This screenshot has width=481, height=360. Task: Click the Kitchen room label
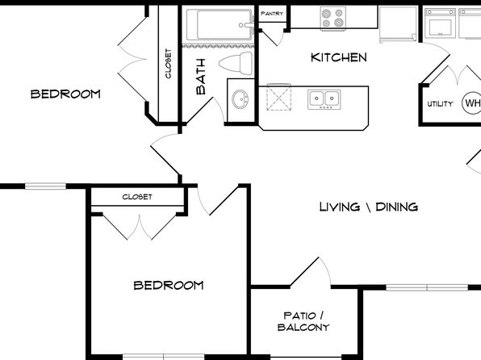click(339, 57)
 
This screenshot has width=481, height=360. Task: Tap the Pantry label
click(272, 14)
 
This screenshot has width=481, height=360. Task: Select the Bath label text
click(201, 77)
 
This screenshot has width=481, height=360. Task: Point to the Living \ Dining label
click(369, 207)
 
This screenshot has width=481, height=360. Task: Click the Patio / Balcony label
click(303, 321)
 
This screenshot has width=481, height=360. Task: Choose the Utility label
click(440, 104)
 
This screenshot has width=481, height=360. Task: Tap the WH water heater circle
click(471, 103)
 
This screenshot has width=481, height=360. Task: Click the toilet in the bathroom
click(236, 63)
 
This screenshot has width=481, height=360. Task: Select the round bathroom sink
click(240, 98)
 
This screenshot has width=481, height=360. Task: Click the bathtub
click(219, 24)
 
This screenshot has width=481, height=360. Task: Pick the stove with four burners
click(333, 18)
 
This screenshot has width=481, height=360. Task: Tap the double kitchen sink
click(324, 99)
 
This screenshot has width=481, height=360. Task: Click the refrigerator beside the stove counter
click(398, 24)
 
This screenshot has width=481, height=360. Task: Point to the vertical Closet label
click(168, 64)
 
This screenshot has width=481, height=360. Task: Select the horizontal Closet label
click(137, 197)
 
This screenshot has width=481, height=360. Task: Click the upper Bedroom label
click(65, 94)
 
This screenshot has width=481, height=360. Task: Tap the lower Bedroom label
click(169, 286)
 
